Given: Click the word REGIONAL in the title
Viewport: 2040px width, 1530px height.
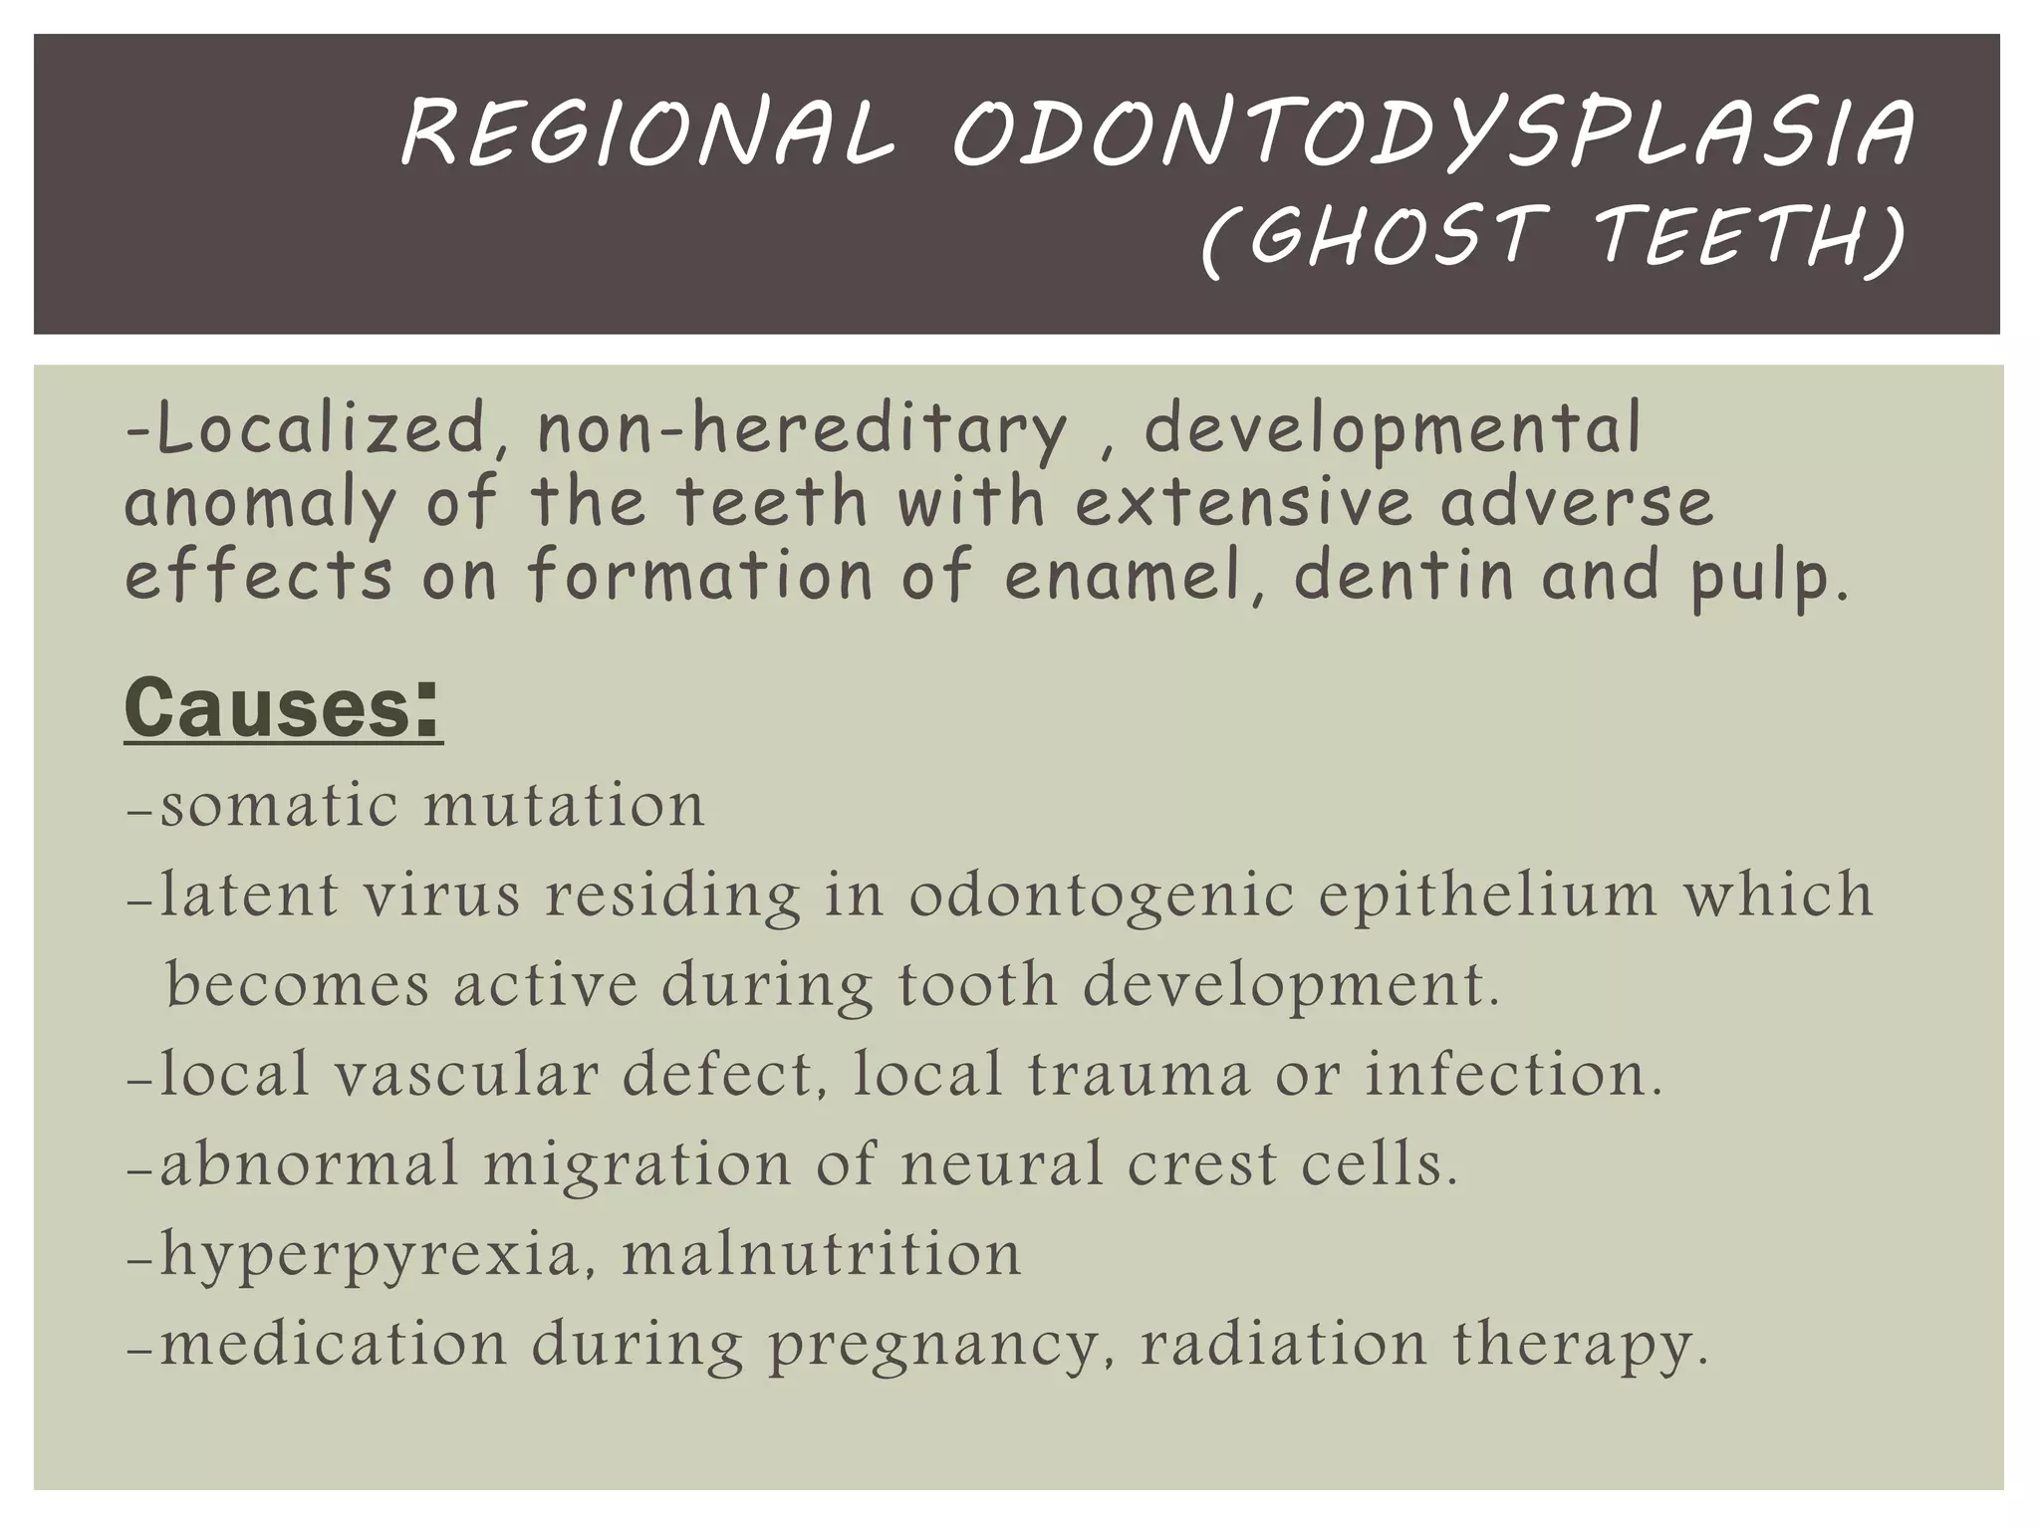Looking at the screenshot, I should (647, 134).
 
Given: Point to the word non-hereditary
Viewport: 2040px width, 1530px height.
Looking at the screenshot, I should (802, 430).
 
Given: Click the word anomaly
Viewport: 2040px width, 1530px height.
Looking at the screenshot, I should (260, 504).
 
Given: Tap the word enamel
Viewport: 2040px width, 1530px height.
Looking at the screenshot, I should (1126, 578).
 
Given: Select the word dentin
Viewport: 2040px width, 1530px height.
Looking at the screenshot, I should (1403, 578).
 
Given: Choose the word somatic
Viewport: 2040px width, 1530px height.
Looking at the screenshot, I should (280, 805).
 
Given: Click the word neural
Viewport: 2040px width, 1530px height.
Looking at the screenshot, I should (1002, 1164).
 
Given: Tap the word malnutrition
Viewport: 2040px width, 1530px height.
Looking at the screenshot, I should (822, 1254).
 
